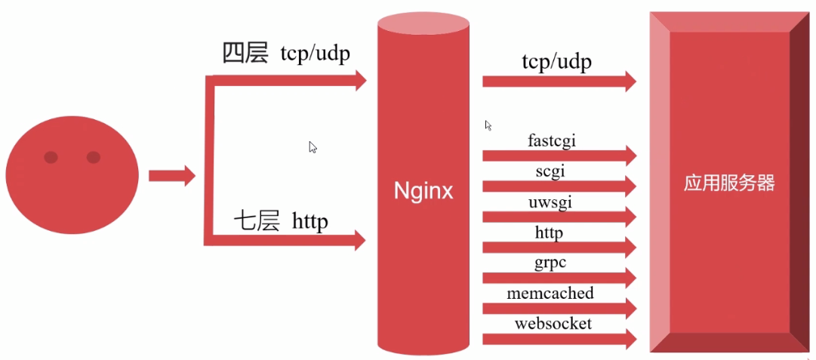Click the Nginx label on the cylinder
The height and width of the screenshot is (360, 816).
[423, 191]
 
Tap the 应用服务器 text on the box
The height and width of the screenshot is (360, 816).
[729, 183]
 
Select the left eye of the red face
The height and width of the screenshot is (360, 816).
[51, 157]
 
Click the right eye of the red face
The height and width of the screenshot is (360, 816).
[94, 157]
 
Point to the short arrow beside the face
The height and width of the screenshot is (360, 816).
[171, 176]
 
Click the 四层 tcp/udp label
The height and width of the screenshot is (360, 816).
[285, 54]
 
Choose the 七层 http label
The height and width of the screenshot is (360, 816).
[280, 221]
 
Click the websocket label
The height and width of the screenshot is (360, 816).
[553, 324]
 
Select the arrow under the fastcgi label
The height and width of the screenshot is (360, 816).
[559, 155]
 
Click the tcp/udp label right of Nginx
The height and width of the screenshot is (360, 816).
[556, 61]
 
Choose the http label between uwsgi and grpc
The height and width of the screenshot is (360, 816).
[549, 232]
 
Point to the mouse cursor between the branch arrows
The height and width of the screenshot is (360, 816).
[313, 147]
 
